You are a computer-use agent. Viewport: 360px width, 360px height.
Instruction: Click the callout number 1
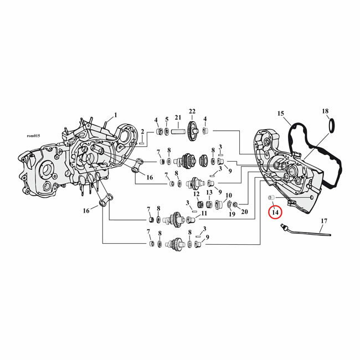[116, 115]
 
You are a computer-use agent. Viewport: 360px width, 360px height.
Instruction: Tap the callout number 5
[167, 120]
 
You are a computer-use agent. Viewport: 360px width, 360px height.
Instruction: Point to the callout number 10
[228, 196]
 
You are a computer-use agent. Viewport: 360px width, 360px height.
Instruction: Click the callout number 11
[204, 213]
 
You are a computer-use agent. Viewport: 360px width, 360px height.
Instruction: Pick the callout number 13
[209, 193]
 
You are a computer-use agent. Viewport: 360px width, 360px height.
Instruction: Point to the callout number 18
[325, 111]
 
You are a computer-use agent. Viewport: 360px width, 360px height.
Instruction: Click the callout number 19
[232, 214]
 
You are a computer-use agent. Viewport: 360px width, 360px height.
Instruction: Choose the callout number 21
[178, 118]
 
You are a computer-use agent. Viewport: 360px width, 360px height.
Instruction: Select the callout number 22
[192, 112]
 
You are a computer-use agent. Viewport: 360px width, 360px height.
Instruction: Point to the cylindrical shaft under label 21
[178, 132]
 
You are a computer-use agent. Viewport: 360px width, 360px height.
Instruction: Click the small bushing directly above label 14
[271, 198]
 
